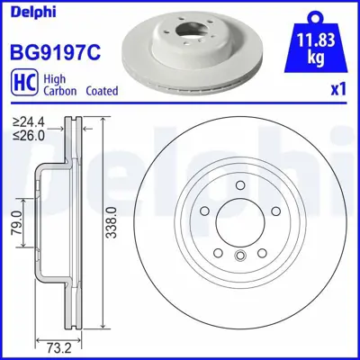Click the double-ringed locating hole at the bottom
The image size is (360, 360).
[x=239, y=256]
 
